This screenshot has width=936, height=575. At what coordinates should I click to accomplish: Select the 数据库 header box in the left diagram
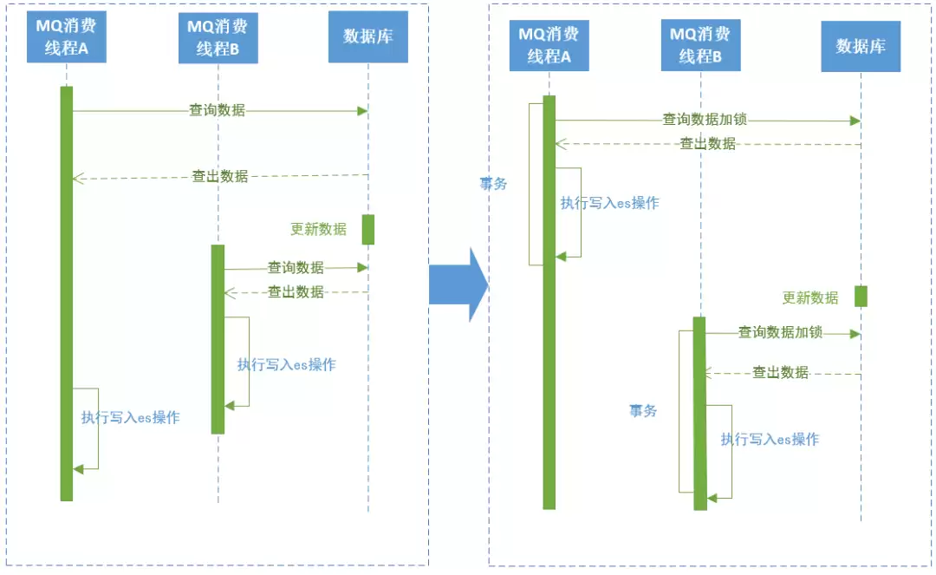(368, 36)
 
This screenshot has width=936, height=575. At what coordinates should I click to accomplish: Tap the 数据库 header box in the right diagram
(861, 47)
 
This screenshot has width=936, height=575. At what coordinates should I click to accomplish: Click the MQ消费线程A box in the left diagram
(66, 36)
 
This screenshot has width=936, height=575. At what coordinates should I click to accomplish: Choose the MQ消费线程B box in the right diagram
(701, 45)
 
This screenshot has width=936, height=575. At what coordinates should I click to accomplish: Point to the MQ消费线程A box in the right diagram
(549, 45)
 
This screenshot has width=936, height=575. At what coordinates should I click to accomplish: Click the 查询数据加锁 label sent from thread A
(705, 120)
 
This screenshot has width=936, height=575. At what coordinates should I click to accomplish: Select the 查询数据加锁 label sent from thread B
(780, 332)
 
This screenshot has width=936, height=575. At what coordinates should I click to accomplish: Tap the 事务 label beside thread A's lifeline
(494, 184)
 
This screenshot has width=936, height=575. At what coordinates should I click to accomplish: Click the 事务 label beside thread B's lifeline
(643, 411)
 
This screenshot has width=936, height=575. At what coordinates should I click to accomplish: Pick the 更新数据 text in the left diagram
(319, 229)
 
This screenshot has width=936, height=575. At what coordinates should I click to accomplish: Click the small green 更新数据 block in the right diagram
(861, 296)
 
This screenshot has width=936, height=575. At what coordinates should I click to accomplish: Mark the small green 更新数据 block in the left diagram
(368, 230)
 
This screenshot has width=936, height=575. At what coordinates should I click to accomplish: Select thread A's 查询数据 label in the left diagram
(218, 110)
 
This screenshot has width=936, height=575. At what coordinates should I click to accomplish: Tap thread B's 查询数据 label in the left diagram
(296, 267)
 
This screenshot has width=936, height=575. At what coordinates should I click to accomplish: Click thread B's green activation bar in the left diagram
(218, 339)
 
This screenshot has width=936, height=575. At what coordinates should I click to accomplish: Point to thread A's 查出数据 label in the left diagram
(219, 176)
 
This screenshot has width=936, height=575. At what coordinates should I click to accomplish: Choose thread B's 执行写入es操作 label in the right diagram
(770, 440)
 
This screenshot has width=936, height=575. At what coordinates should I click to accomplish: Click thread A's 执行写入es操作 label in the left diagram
(131, 417)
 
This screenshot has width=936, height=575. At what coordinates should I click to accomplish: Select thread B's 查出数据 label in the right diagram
(780, 373)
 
